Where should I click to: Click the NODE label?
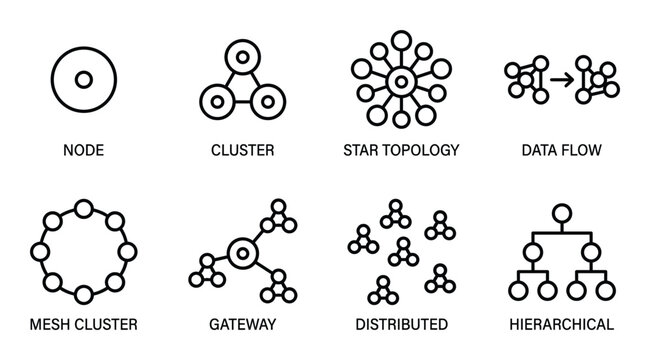pos(82,151)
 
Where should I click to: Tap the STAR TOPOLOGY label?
pos(400,151)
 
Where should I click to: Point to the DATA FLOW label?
pos(561,151)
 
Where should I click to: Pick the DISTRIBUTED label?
pos(401,325)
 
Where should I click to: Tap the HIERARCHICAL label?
pos(561,325)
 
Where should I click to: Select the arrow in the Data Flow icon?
pos(562,78)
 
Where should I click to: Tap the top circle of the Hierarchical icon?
pos(562,212)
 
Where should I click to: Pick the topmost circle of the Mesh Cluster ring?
pos(83,209)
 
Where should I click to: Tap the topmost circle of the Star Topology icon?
pos(401,41)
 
